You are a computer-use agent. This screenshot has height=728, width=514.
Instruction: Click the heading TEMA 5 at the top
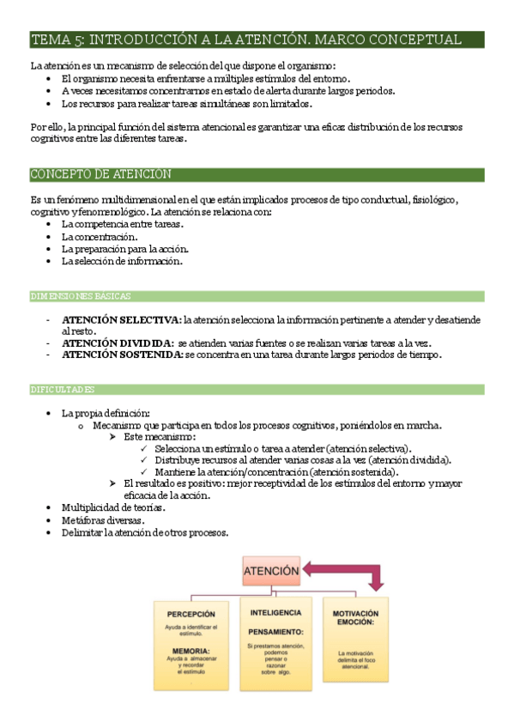click(245, 39)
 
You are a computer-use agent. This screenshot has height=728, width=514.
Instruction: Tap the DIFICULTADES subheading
click(65, 389)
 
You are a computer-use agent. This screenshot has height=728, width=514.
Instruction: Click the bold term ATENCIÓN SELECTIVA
click(121, 319)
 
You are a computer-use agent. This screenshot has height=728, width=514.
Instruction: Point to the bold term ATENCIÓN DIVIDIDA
click(118, 343)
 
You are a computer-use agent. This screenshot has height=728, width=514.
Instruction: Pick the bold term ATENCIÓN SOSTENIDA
click(122, 354)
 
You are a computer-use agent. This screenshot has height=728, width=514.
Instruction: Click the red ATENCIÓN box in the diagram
click(271, 569)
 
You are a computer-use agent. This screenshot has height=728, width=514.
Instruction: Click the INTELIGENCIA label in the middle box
click(275, 612)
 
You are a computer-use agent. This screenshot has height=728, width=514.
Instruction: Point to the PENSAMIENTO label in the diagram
click(276, 631)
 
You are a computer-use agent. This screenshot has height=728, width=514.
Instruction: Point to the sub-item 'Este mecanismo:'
click(160, 437)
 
